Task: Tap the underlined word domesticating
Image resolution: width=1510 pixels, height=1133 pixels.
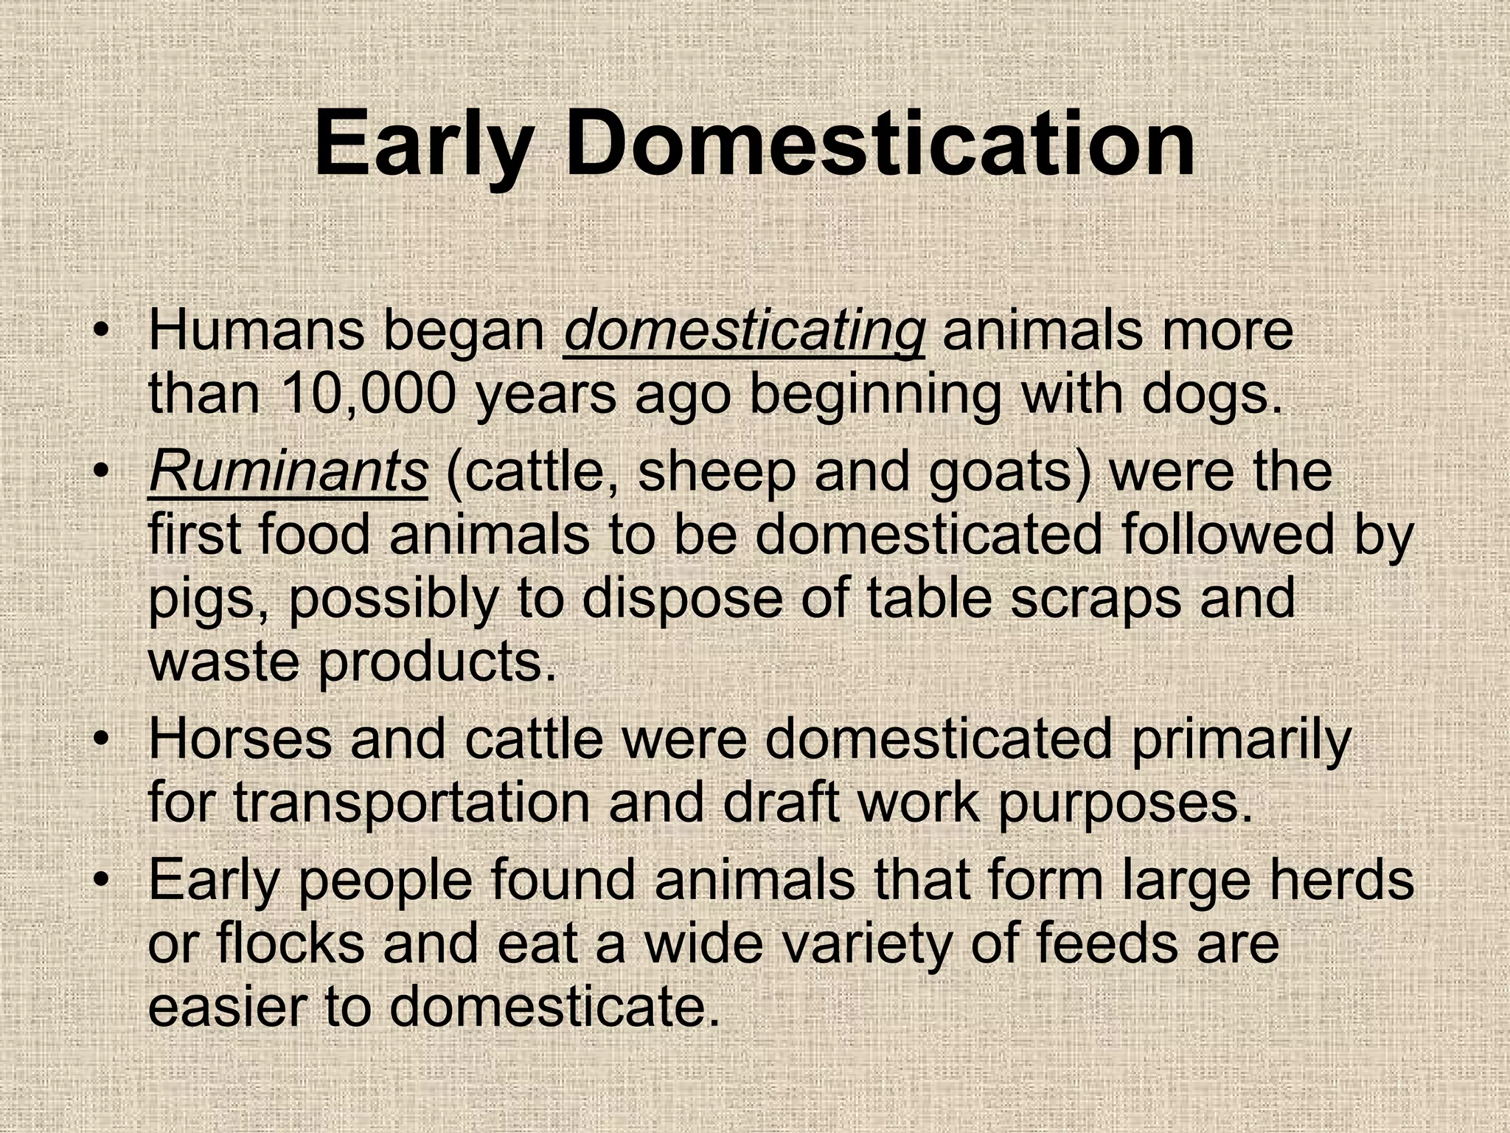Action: click(744, 332)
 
